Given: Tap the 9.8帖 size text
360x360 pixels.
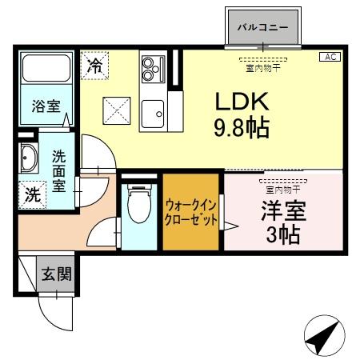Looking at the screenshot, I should (x=240, y=126).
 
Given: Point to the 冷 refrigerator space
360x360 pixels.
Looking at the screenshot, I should (x=94, y=65).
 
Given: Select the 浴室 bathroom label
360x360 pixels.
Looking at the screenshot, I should (x=46, y=106).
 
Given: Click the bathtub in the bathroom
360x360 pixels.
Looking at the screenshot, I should (x=46, y=71).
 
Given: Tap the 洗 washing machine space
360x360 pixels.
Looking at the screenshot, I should (x=31, y=194).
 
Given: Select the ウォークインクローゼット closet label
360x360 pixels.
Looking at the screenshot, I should (x=190, y=212).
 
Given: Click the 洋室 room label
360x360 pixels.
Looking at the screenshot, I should (x=284, y=214).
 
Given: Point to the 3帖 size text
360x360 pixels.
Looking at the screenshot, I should (x=284, y=238).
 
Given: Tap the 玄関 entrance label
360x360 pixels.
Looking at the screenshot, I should (x=56, y=274).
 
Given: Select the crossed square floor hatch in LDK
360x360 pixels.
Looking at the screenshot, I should (x=116, y=110).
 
